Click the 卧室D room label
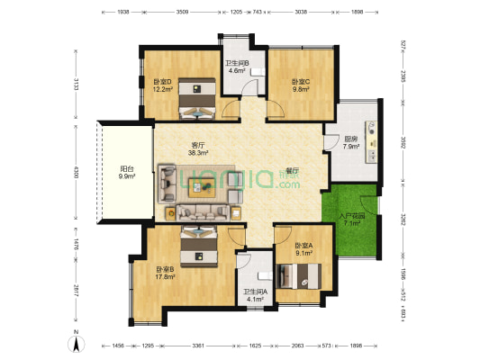click(163, 83)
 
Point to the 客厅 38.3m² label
click(198, 148)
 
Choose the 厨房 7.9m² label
click(351, 144)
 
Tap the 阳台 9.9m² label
click(126, 173)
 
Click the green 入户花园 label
click(349, 219)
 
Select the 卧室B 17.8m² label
click(164, 272)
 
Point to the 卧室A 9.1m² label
click(303, 250)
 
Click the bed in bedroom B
click(199, 247)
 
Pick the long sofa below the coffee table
click(206, 212)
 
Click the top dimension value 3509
click(182, 13)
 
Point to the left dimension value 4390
click(78, 171)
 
